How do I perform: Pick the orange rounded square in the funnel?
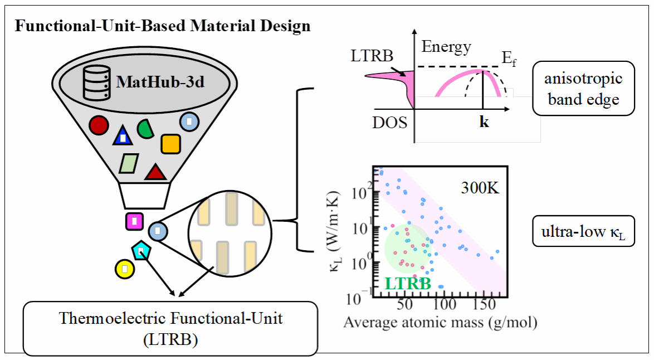tap(170, 144)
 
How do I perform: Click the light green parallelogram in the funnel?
tap(129, 163)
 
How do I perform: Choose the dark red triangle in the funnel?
tap(155, 172)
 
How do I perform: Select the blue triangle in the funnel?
tap(123, 136)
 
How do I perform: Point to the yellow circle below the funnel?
tap(124, 269)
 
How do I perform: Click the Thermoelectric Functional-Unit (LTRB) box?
tap(170, 328)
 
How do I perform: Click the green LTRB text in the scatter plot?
tap(408, 284)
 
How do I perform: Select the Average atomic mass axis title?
tap(440, 323)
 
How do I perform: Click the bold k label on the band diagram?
tap(484, 122)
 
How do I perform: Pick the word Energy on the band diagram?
tap(446, 47)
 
